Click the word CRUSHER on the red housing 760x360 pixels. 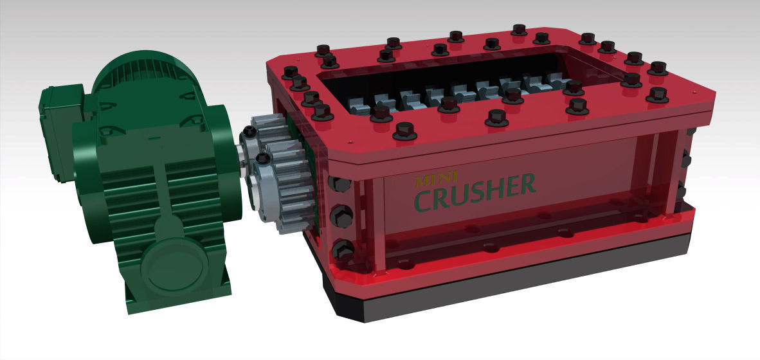pyautogui.click(x=475, y=192)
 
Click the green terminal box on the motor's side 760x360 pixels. pyautogui.click(x=59, y=132)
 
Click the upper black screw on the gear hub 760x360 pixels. pyautogui.click(x=249, y=132)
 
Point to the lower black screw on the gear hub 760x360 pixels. pyautogui.click(x=262, y=158)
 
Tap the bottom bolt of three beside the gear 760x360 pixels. pyautogui.click(x=343, y=248)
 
